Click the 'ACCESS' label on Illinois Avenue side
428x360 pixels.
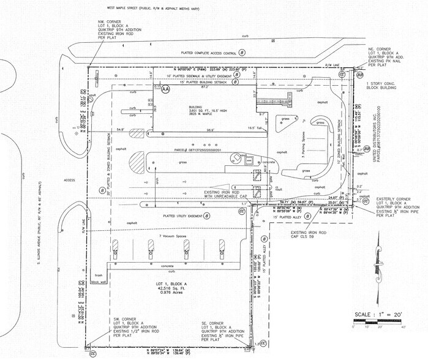pos(69,180)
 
